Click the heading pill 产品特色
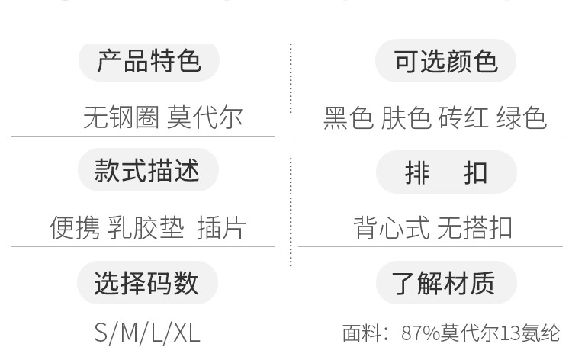pyautogui.click(x=149, y=61)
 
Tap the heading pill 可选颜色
pyautogui.click(x=446, y=61)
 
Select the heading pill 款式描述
pyautogui.click(x=148, y=171)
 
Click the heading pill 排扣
pyautogui.click(x=446, y=173)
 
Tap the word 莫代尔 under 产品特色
pyautogui.click(x=204, y=117)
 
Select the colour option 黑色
pyautogui.click(x=349, y=118)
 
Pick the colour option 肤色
pyautogui.click(x=406, y=118)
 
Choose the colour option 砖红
pyautogui.click(x=463, y=118)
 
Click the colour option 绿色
pyautogui.click(x=522, y=118)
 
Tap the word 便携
pyautogui.click(x=74, y=227)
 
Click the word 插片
pyautogui.click(x=221, y=227)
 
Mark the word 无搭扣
pyautogui.click(x=474, y=227)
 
